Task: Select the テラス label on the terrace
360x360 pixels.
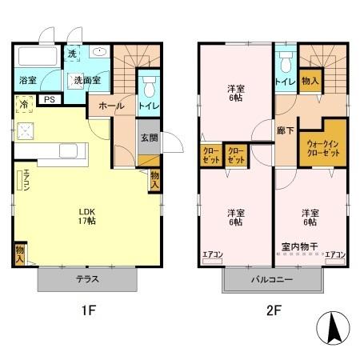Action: click(x=88, y=280)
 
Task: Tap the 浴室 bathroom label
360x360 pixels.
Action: click(x=28, y=80)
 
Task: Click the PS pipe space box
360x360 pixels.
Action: click(x=50, y=100)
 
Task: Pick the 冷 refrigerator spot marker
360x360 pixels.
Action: click(x=24, y=104)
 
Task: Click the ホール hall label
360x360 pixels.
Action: click(x=111, y=105)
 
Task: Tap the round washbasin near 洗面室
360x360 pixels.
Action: click(x=99, y=53)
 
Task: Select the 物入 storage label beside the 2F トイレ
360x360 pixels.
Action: click(x=310, y=80)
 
